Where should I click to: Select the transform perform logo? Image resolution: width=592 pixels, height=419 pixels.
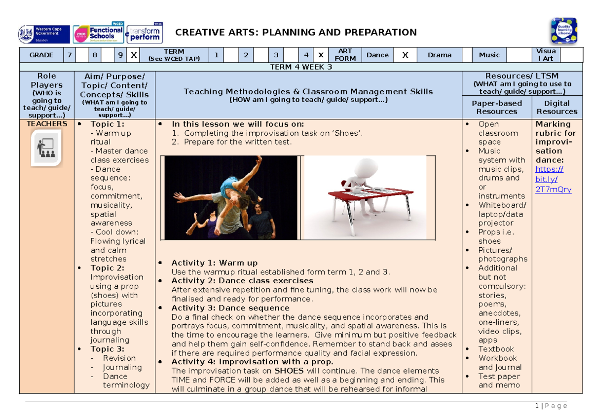click(144, 34)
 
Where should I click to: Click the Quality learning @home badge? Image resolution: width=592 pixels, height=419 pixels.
click(564, 31)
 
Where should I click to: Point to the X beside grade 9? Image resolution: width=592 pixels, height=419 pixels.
click(133, 55)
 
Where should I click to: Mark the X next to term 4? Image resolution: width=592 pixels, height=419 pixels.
click(321, 55)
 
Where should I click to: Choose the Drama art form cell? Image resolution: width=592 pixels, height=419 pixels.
click(439, 55)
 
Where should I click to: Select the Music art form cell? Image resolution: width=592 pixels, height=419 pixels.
click(489, 55)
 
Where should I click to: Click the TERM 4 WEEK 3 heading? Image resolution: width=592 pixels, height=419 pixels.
click(300, 68)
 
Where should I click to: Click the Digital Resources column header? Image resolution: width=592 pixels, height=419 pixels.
click(556, 107)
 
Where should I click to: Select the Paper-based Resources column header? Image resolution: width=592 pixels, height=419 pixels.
click(497, 107)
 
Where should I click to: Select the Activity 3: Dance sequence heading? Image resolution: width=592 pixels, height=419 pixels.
click(230, 308)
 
